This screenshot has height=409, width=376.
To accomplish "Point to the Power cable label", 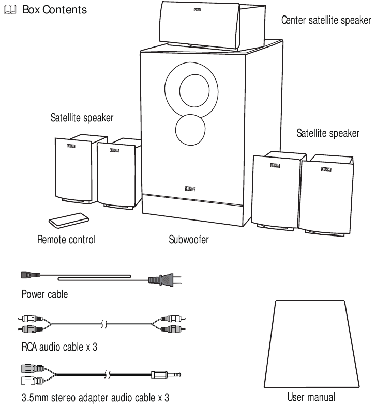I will click(39, 297).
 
